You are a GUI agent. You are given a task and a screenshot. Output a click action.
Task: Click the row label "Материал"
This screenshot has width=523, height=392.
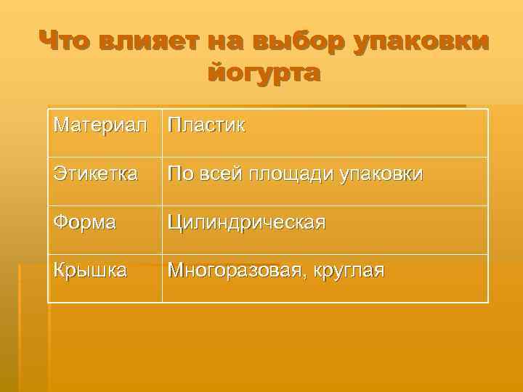pyautogui.click(x=105, y=126)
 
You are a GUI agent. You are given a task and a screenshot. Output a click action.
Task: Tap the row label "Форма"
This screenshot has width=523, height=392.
pyautogui.click(x=84, y=222)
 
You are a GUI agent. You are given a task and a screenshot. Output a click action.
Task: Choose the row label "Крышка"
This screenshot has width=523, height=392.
pyautogui.click(x=90, y=271)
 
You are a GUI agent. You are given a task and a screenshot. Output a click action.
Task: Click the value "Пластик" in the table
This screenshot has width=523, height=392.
pyautogui.click(x=206, y=126)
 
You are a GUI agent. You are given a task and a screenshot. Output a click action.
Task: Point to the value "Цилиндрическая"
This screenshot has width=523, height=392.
pyautogui.click(x=246, y=222)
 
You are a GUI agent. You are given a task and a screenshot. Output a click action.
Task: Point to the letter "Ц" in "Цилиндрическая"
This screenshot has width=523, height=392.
pyautogui.click(x=175, y=222)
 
